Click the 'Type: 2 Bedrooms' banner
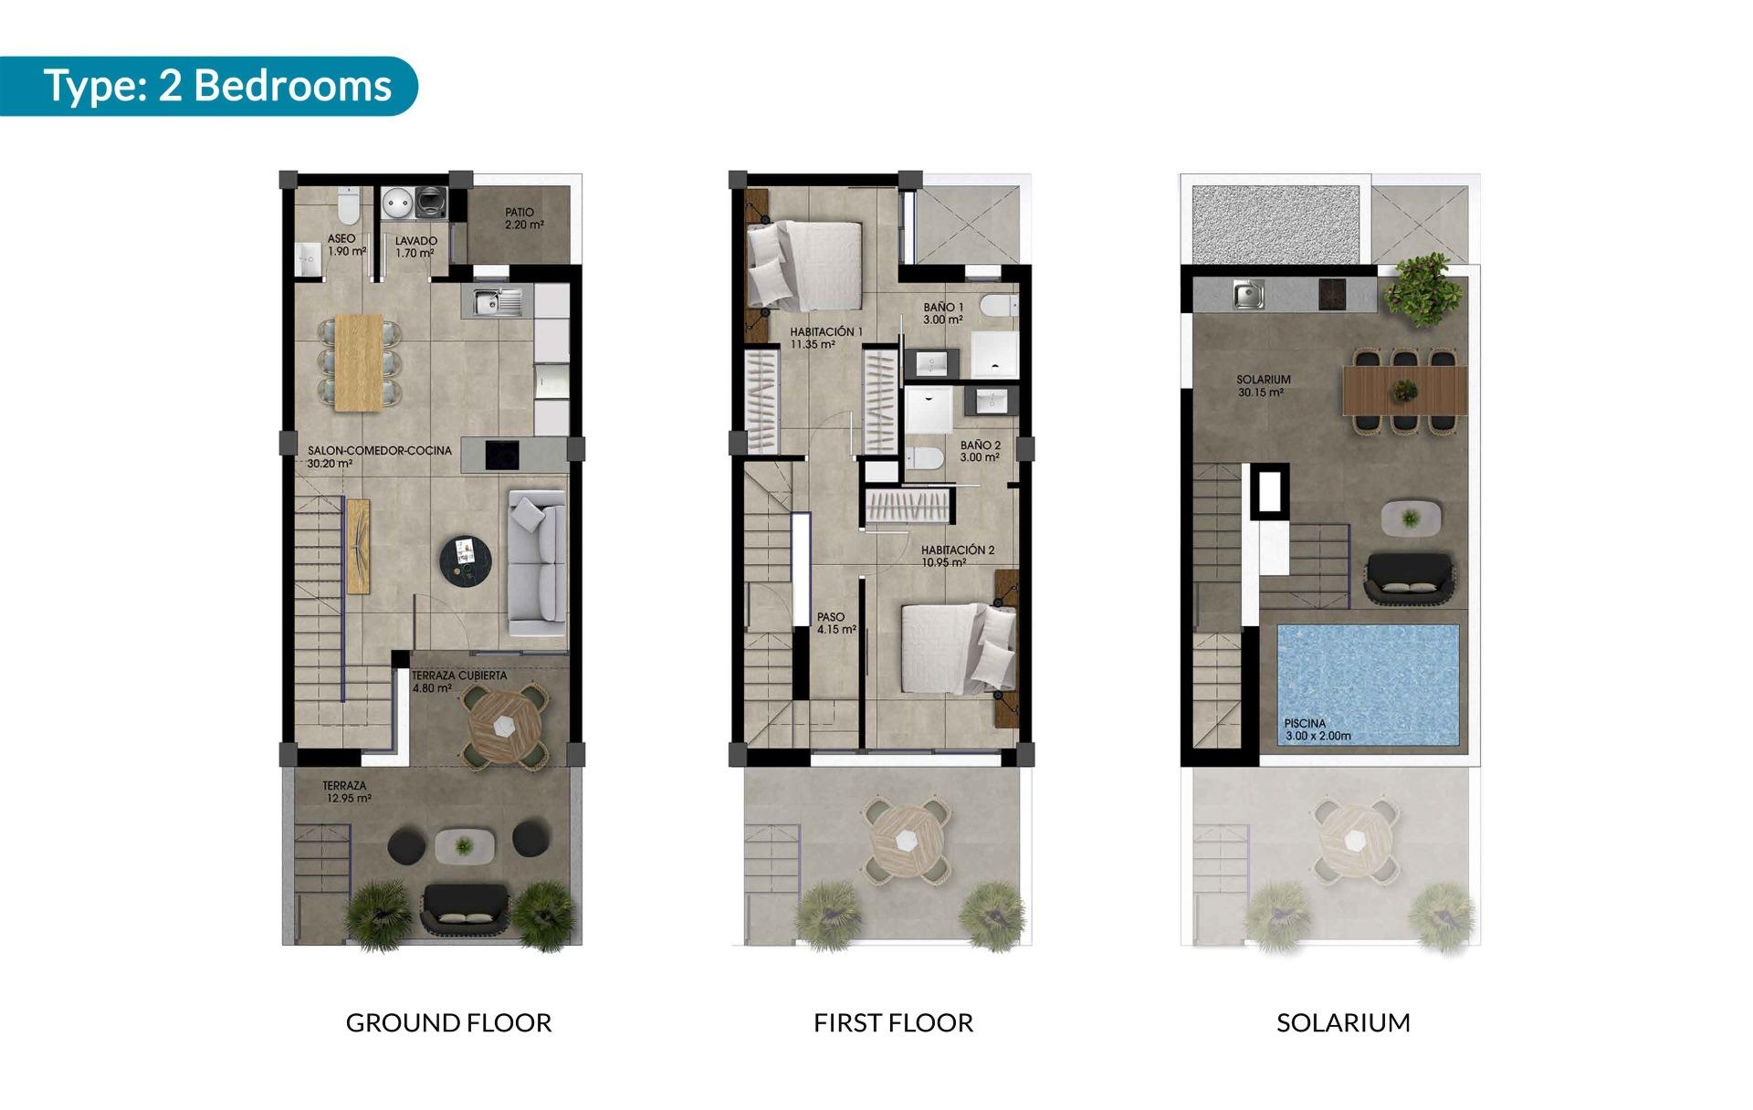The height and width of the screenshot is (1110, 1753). point(217,86)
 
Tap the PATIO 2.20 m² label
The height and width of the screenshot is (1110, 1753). point(524,218)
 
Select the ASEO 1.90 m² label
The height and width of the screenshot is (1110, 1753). point(345,245)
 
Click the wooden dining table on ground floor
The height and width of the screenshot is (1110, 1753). point(359,361)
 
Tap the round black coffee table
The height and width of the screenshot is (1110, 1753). point(467,560)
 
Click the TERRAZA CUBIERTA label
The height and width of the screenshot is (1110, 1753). point(458,681)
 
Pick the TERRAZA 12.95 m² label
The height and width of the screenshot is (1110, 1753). point(346,791)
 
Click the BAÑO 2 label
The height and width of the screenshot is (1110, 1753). point(980,451)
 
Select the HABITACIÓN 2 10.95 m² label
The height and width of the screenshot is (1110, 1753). point(957,556)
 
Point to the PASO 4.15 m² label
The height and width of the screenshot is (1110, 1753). point(835,623)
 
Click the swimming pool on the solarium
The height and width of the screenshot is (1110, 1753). point(1367,685)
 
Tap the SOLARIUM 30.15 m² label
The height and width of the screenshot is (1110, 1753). point(1263,385)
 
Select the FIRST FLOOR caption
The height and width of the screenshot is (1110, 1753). point(893,1022)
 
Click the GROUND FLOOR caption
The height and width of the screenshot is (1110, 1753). point(448,1022)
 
